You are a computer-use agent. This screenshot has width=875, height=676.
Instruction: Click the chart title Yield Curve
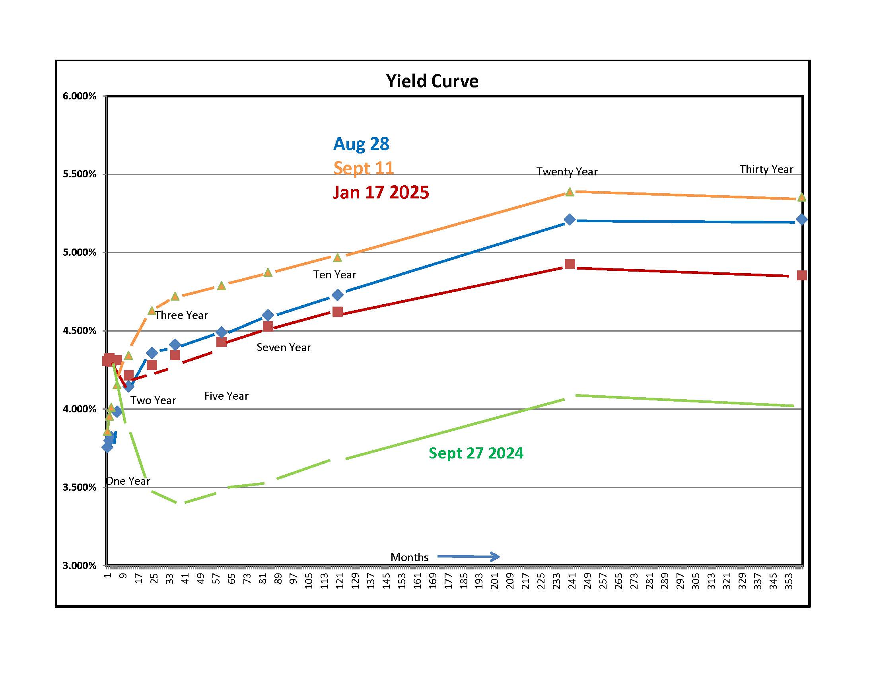click(x=432, y=81)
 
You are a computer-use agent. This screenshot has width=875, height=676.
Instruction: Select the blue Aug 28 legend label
click(x=361, y=144)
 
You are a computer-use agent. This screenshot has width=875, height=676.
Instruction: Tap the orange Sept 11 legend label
click(x=364, y=168)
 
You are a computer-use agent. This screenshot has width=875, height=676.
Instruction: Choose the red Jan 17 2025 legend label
click(x=381, y=192)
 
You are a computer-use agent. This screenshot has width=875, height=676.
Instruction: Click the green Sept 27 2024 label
click(x=476, y=453)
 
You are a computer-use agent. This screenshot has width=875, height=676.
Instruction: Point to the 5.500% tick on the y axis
click(x=80, y=174)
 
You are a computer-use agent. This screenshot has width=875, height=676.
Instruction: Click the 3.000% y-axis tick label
click(x=80, y=565)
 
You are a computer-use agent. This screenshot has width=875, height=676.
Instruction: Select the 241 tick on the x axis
click(x=572, y=581)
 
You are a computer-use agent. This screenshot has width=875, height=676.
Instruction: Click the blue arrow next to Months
click(x=469, y=556)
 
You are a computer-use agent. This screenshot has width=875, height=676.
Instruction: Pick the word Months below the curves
click(x=409, y=557)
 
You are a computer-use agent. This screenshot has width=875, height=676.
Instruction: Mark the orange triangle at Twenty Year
click(x=570, y=192)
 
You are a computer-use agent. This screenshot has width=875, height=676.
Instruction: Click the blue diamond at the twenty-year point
click(x=570, y=220)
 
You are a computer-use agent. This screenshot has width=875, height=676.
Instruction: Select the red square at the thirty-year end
click(x=802, y=275)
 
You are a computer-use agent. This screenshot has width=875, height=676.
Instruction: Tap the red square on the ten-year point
click(x=338, y=312)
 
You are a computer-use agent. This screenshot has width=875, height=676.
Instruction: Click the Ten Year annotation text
click(x=334, y=274)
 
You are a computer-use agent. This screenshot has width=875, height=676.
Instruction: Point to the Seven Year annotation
click(x=284, y=347)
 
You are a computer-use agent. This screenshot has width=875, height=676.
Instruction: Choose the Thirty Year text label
click(x=766, y=169)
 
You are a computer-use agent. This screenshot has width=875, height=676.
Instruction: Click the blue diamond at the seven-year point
click(x=268, y=315)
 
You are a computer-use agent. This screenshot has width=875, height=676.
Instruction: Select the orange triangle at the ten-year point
click(x=338, y=257)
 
